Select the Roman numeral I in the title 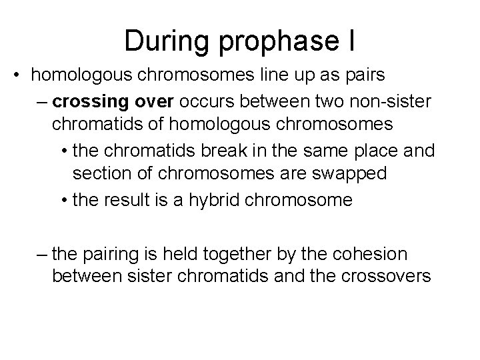(x=351, y=41)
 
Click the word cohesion (x=377, y=253)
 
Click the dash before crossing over (x=43, y=102)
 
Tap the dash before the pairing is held (x=43, y=253)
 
